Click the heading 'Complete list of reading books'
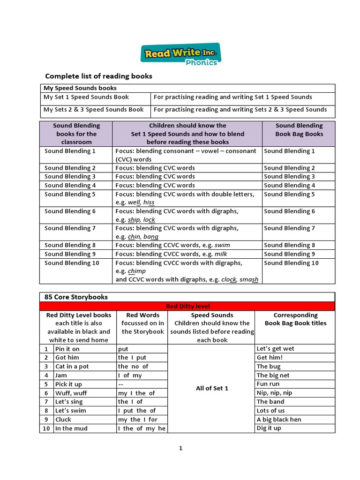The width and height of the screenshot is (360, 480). (98, 76)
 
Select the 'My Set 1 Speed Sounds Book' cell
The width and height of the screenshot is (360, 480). (86, 97)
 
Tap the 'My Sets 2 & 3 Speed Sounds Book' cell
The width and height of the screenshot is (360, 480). (94, 109)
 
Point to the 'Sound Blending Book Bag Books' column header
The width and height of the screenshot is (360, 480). (299, 130)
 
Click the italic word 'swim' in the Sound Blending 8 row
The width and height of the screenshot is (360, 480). (222, 245)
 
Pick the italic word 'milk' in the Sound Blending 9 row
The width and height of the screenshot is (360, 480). (221, 254)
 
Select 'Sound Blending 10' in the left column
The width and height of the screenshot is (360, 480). (72, 263)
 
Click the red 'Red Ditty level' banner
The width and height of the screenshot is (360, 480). (187, 306)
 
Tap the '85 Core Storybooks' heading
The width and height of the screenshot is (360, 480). (75, 297)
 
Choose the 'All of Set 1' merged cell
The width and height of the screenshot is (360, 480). (211, 388)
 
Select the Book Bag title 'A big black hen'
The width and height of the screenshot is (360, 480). (279, 420)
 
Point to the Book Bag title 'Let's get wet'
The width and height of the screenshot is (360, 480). (276, 349)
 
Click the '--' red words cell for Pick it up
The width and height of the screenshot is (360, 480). (121, 384)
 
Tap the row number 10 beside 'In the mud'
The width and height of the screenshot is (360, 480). (46, 428)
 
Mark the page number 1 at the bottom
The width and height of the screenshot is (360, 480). (180, 449)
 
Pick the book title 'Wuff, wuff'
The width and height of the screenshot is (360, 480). (71, 393)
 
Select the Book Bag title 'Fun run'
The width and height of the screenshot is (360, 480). (268, 384)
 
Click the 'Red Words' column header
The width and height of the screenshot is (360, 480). (142, 315)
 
